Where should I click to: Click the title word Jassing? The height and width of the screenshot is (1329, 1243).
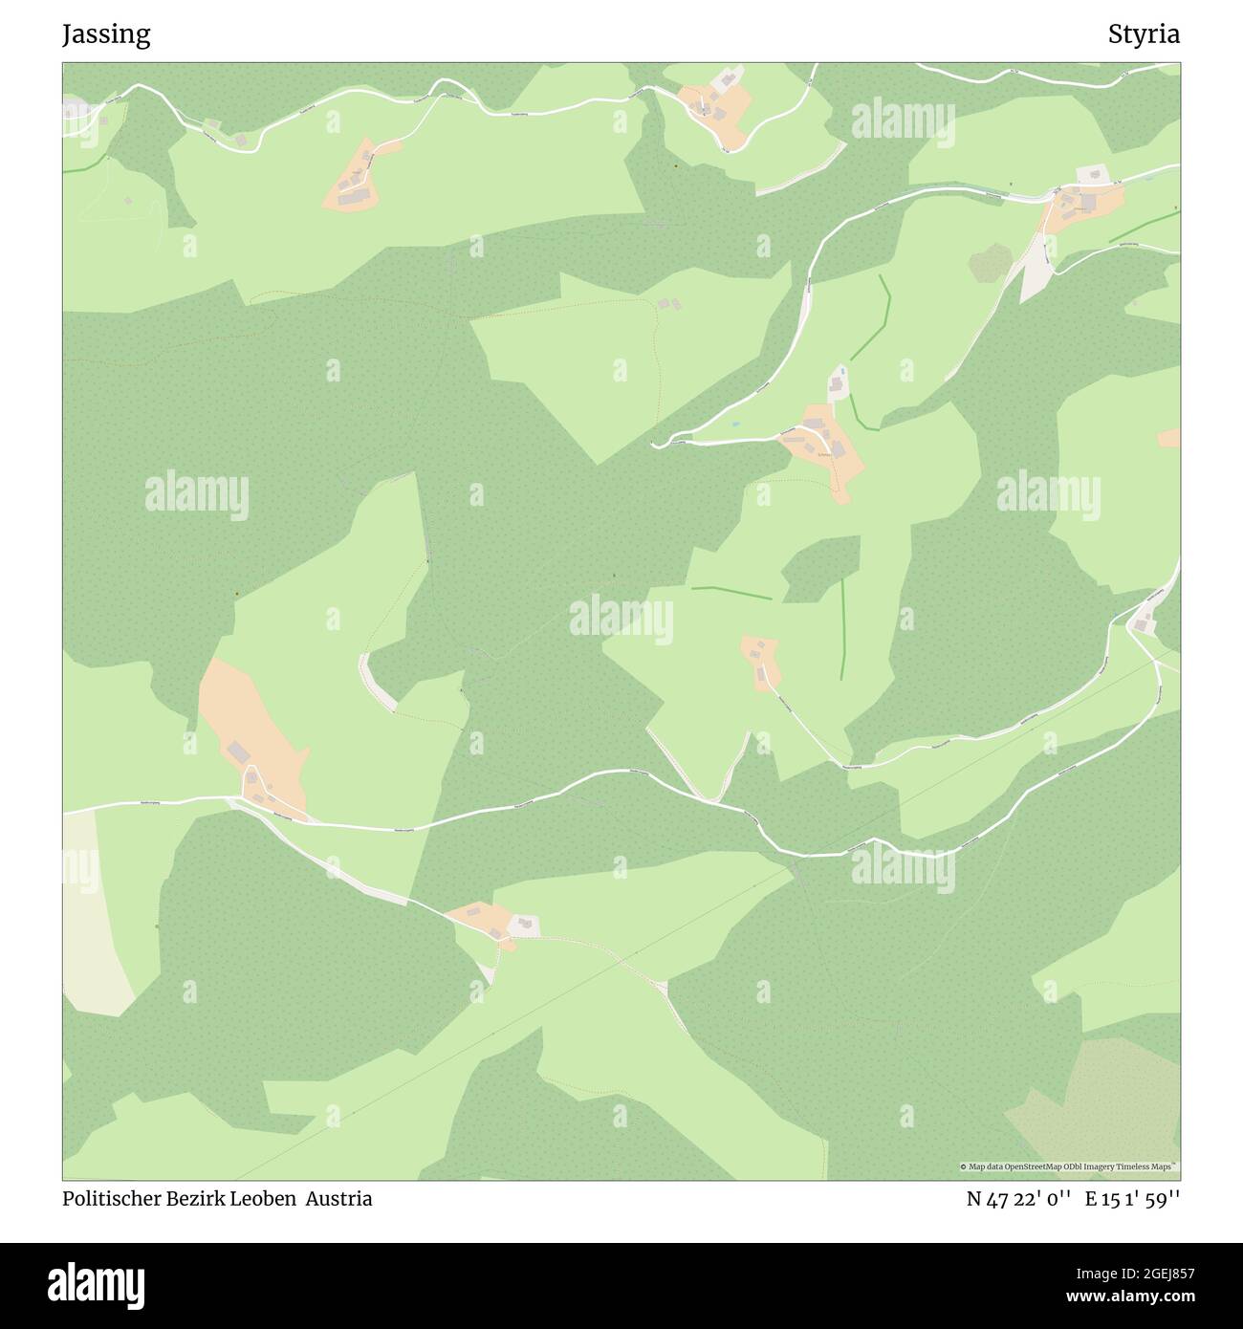click(106, 34)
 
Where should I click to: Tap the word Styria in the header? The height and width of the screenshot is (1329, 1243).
click(1144, 34)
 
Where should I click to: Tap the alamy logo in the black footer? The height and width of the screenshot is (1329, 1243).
click(97, 1284)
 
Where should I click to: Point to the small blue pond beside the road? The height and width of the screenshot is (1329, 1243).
click(734, 424)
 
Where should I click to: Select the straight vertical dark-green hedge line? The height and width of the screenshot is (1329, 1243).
click(842, 629)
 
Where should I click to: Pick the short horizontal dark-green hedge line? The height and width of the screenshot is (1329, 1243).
click(731, 593)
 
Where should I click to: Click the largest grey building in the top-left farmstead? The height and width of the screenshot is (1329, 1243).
click(355, 196)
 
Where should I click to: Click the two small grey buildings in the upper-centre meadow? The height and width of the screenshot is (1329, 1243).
click(669, 304)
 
